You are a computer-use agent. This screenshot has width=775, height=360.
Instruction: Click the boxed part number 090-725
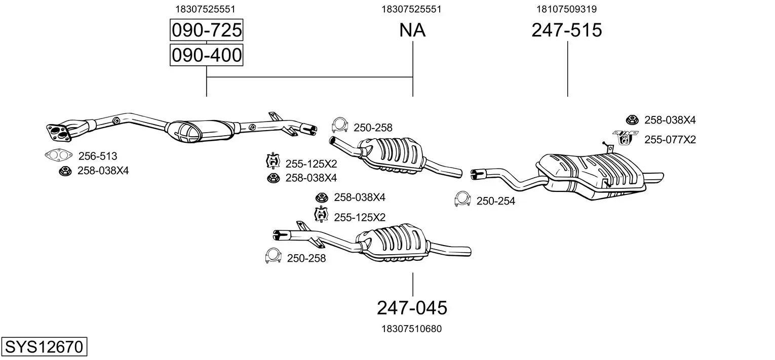pyautogui.click(x=206, y=30)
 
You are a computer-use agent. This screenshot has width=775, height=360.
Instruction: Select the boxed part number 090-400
pyautogui.click(x=206, y=55)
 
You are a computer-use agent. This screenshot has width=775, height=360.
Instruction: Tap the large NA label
pyautogui.click(x=412, y=30)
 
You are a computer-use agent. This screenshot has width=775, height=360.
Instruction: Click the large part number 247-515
pyautogui.click(x=567, y=30)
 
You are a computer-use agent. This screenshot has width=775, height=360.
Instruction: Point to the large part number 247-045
pyautogui.click(x=412, y=307)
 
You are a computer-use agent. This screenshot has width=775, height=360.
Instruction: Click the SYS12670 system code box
pyautogui.click(x=44, y=347)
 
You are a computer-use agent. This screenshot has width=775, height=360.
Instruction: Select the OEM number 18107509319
pyautogui.click(x=567, y=9)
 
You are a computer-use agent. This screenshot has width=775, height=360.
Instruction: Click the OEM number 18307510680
pyautogui.click(x=411, y=329)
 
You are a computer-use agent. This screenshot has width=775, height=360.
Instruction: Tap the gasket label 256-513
pyautogui.click(x=97, y=156)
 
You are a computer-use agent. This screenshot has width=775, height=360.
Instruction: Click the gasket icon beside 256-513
pyautogui.click(x=56, y=155)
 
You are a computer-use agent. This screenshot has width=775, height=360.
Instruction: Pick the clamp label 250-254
pyautogui.click(x=495, y=201)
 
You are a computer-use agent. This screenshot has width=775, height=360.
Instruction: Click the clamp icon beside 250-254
pyautogui.click(x=462, y=199)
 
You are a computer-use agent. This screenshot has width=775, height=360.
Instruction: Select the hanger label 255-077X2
pyautogui.click(x=670, y=139)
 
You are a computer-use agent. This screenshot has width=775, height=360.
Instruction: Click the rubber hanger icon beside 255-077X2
pyautogui.click(x=625, y=137)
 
